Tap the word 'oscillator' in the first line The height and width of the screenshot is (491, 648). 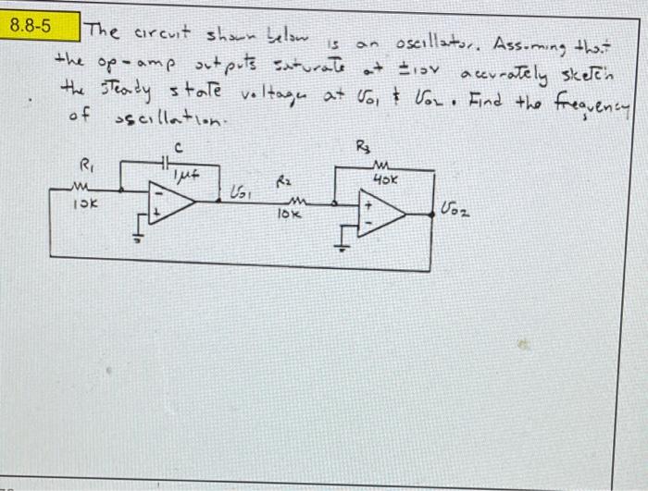434,44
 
